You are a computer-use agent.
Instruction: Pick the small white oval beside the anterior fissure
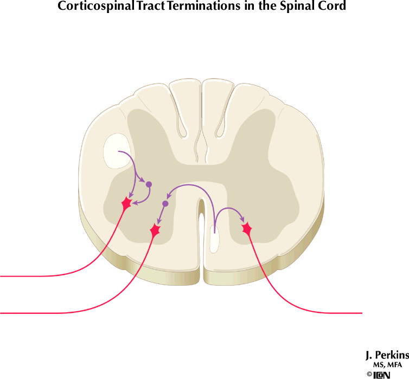pyautogui.click(x=214, y=239)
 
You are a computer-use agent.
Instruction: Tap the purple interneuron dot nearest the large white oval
pyautogui.click(x=149, y=184)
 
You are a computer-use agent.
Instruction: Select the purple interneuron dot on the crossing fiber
pyautogui.click(x=165, y=204)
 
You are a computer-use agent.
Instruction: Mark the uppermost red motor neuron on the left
pyautogui.click(x=127, y=203)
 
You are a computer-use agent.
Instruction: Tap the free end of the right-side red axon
pyautogui.click(x=360, y=313)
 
